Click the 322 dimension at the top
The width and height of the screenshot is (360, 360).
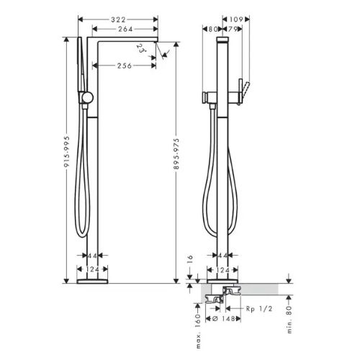[118, 19]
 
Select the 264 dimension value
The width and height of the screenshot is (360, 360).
[125, 30]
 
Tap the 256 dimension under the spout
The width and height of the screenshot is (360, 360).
[125, 66]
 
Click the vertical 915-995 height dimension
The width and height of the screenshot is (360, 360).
[67, 152]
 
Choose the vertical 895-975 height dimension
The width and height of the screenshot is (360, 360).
[176, 154]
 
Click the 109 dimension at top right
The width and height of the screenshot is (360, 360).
[236, 19]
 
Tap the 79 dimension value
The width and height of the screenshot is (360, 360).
[232, 30]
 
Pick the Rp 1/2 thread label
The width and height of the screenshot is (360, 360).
[259, 309]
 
